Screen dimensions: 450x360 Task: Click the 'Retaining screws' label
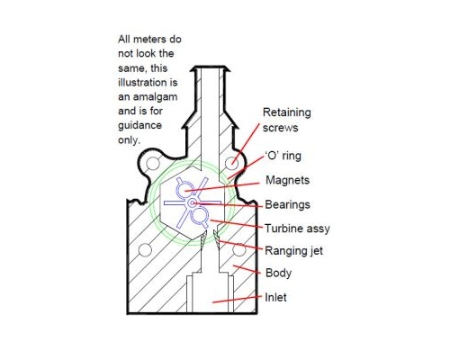(286, 120)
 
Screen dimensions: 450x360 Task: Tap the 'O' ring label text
(283, 156)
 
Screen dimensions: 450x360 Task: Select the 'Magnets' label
(287, 180)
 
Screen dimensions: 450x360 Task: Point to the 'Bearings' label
(287, 204)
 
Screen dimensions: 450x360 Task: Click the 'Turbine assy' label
(297, 229)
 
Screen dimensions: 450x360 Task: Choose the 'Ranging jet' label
(293, 250)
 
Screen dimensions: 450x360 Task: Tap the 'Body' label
(278, 273)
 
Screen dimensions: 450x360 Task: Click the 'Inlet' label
(275, 297)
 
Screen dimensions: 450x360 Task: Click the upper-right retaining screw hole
(231, 163)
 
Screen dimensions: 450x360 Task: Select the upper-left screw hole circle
(153, 163)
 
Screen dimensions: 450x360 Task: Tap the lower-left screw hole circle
(145, 250)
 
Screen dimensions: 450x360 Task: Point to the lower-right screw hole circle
(239, 249)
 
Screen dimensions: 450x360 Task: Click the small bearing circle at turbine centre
(192, 203)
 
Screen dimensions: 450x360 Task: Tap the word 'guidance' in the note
(139, 125)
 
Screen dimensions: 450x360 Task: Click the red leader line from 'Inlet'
(237, 300)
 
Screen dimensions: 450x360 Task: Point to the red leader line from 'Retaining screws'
(245, 144)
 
